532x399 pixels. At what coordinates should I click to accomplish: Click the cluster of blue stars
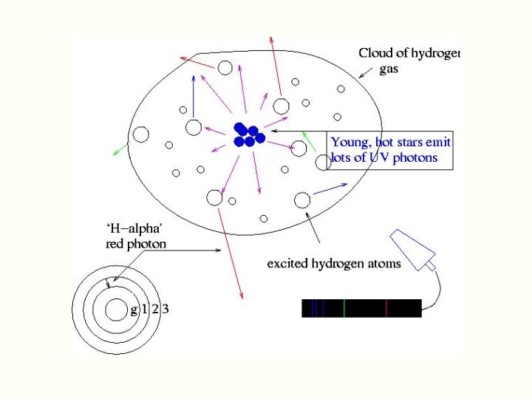click(249, 134)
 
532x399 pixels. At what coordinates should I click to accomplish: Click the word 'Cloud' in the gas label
click(375, 53)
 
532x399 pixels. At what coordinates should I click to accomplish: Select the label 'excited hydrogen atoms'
click(334, 263)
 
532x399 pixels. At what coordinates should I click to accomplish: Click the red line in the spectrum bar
click(386, 309)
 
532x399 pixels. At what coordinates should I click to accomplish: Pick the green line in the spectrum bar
click(344, 309)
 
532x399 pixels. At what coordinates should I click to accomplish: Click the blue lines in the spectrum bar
click(316, 309)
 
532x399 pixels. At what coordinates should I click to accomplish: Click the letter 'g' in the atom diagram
click(134, 310)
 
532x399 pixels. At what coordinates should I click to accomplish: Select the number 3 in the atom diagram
click(166, 309)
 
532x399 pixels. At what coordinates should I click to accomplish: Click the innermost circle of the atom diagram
click(116, 310)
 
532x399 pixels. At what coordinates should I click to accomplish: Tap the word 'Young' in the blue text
click(349, 143)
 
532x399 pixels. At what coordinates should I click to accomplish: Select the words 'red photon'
click(136, 243)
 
